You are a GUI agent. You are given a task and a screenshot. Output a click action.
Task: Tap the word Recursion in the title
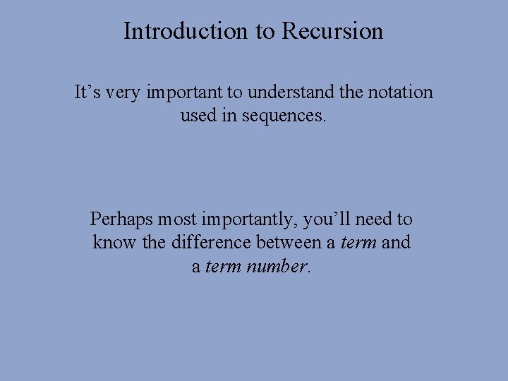(x=332, y=31)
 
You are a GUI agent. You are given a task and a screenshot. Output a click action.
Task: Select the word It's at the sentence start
(x=87, y=92)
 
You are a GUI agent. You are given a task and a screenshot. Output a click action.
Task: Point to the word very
(x=124, y=92)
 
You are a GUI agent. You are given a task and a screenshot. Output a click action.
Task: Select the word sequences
(x=284, y=115)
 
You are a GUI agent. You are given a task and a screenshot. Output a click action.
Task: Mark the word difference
(x=205, y=243)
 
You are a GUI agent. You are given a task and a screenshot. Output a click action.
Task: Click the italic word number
(x=277, y=267)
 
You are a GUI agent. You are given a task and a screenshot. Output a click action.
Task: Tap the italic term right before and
(x=358, y=243)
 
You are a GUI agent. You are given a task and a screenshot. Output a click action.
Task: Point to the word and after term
(x=396, y=243)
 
